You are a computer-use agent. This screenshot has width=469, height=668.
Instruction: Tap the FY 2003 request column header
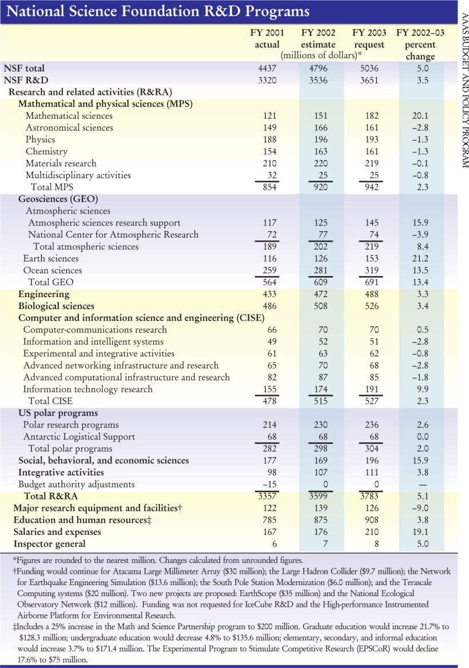369,39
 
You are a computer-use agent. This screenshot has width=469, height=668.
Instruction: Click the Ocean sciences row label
53,270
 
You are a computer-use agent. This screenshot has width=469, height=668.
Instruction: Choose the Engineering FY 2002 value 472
318,294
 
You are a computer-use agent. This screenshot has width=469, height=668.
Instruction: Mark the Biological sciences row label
56,306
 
